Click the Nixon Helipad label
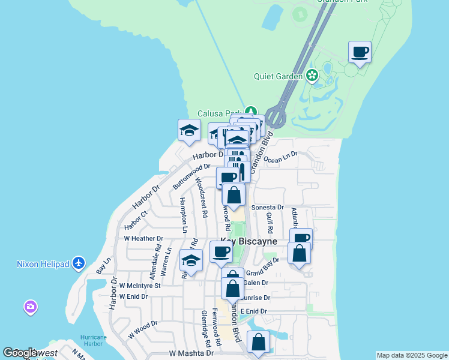[x=43, y=263]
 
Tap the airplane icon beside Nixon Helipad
[x=79, y=263]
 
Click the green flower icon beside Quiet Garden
[x=312, y=76]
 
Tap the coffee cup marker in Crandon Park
[x=360, y=52]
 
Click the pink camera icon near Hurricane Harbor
[x=30, y=308]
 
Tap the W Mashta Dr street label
[x=191, y=353]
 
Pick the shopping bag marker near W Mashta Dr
[x=258, y=343]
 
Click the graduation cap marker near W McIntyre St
[x=191, y=260]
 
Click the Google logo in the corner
[x=19, y=353]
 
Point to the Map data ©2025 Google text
[x=412, y=355]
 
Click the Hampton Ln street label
[x=183, y=213]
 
